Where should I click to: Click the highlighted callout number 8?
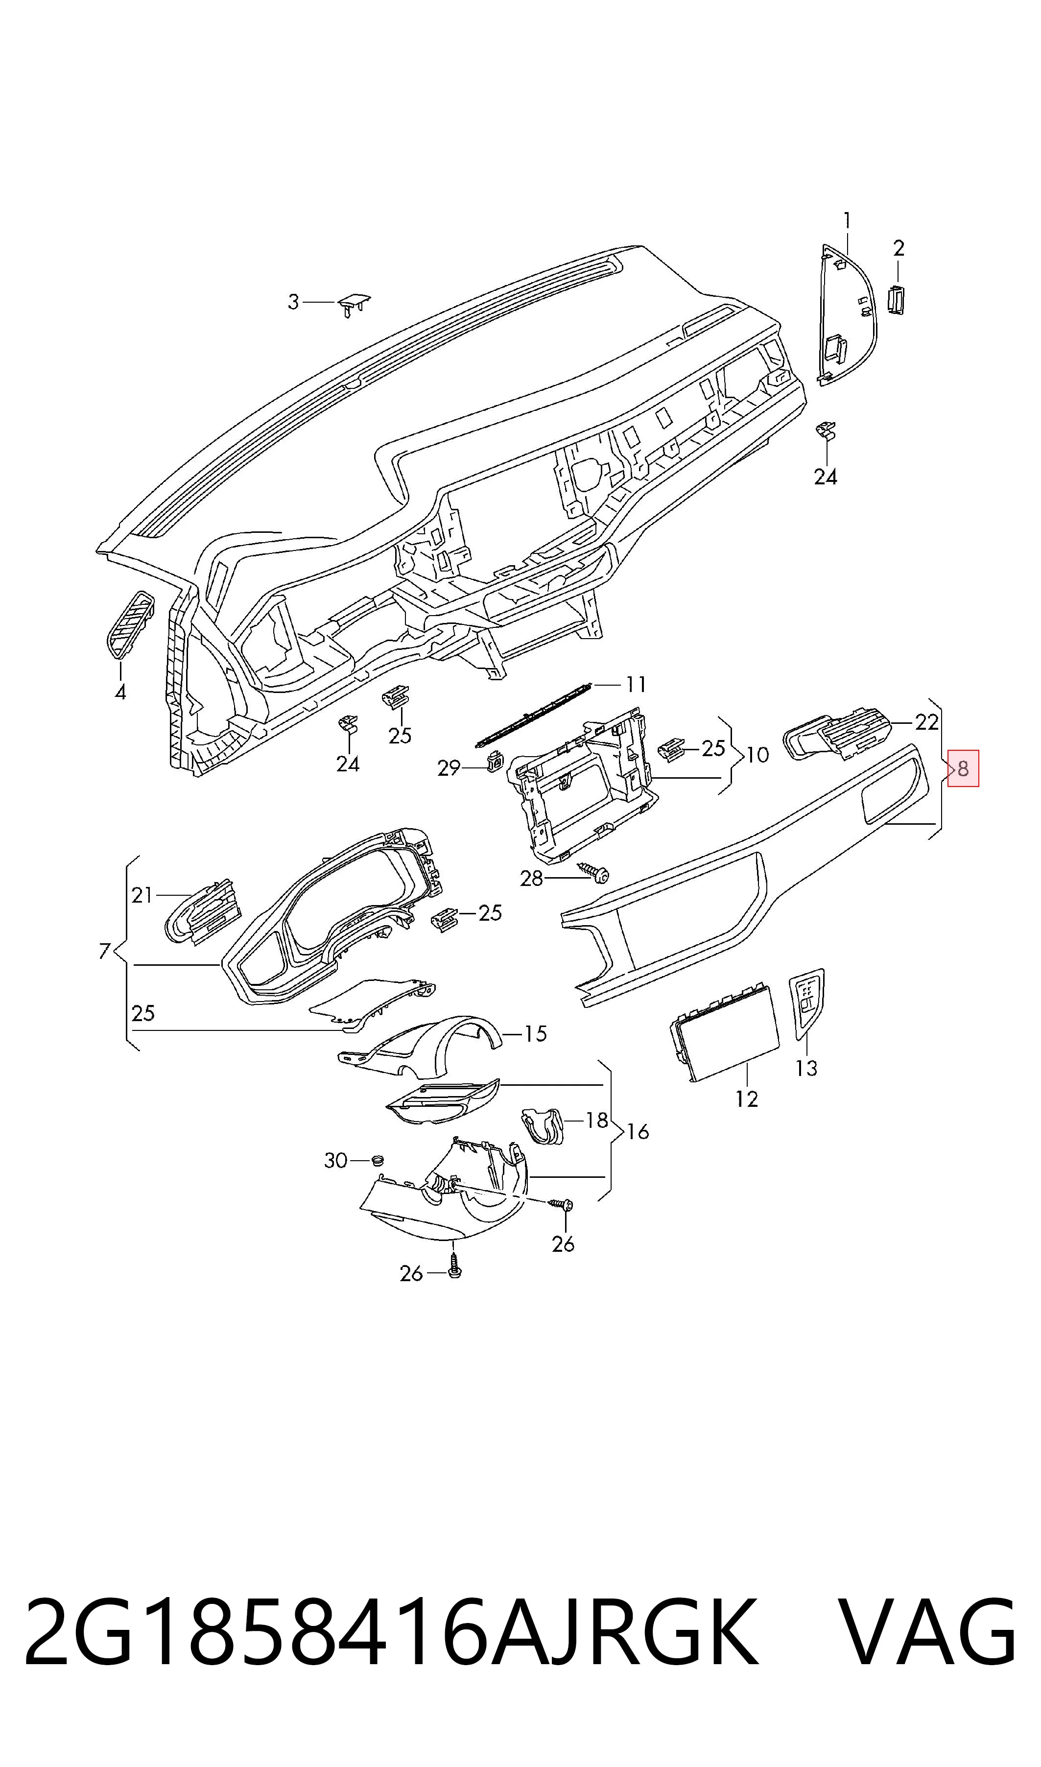(x=963, y=768)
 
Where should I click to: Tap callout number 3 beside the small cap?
(x=293, y=302)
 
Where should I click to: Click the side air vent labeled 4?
(x=130, y=624)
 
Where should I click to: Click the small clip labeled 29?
(x=495, y=759)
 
